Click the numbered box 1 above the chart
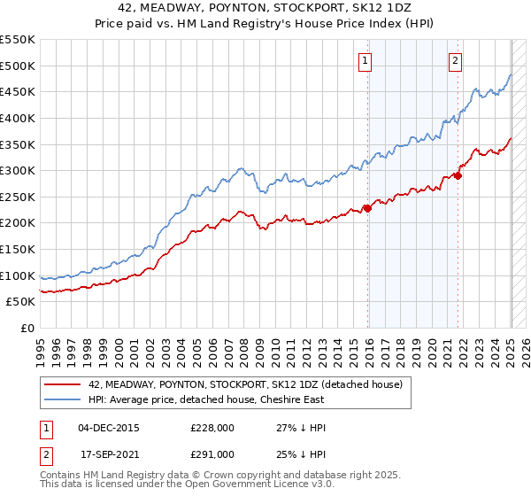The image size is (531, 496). (x=365, y=61)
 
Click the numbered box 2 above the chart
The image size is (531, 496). (x=455, y=61)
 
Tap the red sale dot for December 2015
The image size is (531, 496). (x=368, y=208)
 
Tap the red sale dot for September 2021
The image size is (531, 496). (x=458, y=175)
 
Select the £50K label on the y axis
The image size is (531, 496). (x=21, y=302)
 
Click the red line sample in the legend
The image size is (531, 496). (x=62, y=384)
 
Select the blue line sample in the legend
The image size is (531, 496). (x=62, y=399)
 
